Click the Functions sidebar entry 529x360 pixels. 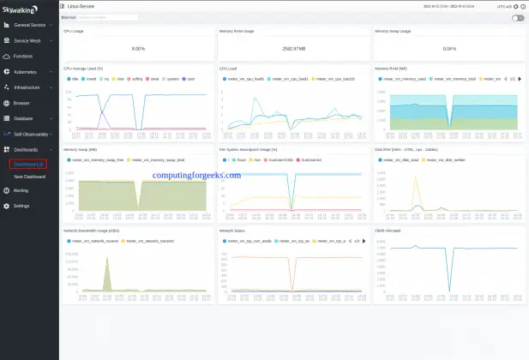tap(23, 56)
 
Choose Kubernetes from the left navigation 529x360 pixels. tap(26, 71)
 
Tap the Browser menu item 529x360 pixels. tap(22, 103)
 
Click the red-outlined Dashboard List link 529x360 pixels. tap(28, 165)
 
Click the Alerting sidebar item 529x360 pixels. tap(21, 190)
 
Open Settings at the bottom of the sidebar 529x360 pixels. tap(21, 206)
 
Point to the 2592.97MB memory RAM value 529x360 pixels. tap(294, 48)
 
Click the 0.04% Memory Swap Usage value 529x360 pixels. tap(450, 48)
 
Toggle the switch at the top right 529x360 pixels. tap(518, 17)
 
